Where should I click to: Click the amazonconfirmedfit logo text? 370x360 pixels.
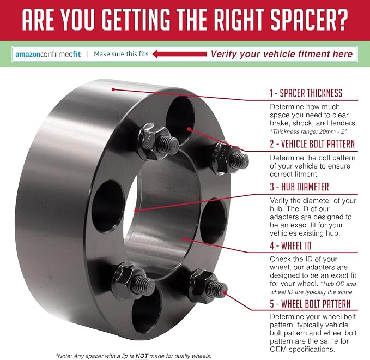click(48, 55)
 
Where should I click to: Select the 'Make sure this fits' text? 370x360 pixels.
click(121, 54)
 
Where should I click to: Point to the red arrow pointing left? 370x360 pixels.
click(180, 54)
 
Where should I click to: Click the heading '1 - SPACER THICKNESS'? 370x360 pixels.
click(306, 93)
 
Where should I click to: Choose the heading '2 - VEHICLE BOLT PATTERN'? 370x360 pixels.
click(312, 144)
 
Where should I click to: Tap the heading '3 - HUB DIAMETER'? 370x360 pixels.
click(299, 187)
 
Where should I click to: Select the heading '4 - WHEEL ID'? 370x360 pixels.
click(290, 245)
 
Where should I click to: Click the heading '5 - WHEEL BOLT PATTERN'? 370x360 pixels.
click(310, 304)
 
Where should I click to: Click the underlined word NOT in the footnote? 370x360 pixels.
click(142, 356)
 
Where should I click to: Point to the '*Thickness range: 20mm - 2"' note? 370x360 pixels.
click(308, 131)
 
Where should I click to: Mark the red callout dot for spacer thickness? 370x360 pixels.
click(113, 89)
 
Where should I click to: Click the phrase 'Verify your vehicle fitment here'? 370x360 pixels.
click(282, 54)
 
